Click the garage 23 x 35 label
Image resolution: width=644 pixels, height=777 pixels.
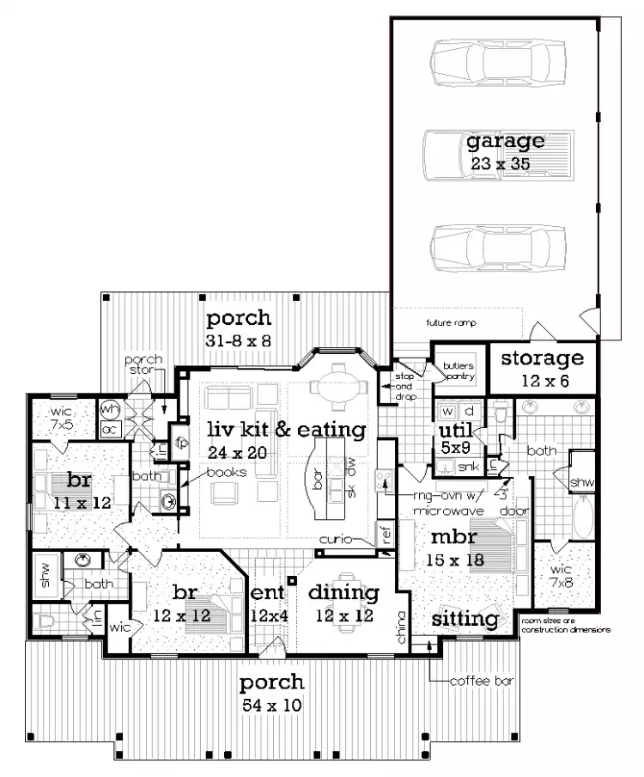pyautogui.click(x=505, y=150)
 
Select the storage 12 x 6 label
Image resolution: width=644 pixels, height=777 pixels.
pyautogui.click(x=542, y=367)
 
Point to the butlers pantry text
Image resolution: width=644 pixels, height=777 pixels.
pyautogui.click(x=452, y=369)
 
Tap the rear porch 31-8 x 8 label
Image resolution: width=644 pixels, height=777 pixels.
pyautogui.click(x=238, y=329)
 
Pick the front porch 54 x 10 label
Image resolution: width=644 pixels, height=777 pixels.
pyautogui.click(x=271, y=694)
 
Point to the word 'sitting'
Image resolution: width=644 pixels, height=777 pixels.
pyautogui.click(x=465, y=619)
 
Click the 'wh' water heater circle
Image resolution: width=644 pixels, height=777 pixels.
pyautogui.click(x=110, y=409)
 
